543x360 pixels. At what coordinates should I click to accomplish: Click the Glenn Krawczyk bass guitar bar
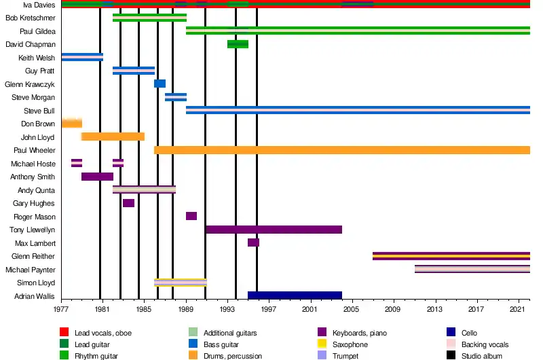pos(160,84)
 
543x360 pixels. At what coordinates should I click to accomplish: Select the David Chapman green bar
pos(238,44)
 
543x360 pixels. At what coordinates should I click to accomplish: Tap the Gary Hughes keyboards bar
pos(128,203)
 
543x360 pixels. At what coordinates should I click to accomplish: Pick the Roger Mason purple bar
pos(191,216)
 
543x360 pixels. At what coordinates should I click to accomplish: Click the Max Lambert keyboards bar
pos(253,242)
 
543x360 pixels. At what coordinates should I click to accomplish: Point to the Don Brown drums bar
pos(72,124)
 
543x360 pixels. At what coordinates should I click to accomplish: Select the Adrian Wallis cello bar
pos(295,295)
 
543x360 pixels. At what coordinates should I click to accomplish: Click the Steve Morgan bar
pos(176,97)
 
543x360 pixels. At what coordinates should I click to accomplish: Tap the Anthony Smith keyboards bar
pos(97,177)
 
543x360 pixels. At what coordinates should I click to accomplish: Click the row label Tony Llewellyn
pos(32,230)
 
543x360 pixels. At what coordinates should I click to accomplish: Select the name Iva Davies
pos(39,5)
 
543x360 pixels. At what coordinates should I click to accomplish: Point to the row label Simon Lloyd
pos(36,283)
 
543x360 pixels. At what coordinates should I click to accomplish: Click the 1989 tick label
pos(186,309)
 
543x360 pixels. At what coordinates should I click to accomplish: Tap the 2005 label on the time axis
pos(351,309)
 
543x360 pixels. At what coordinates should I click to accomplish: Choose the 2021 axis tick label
pos(517,309)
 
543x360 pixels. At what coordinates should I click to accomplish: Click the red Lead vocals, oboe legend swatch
pos(64,332)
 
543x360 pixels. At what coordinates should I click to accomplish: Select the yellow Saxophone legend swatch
pos(322,344)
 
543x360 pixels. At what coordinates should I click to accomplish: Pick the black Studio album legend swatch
pos(451,355)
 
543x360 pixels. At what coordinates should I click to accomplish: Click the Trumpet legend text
pos(345,356)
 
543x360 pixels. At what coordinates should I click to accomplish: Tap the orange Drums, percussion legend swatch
pos(193,355)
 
